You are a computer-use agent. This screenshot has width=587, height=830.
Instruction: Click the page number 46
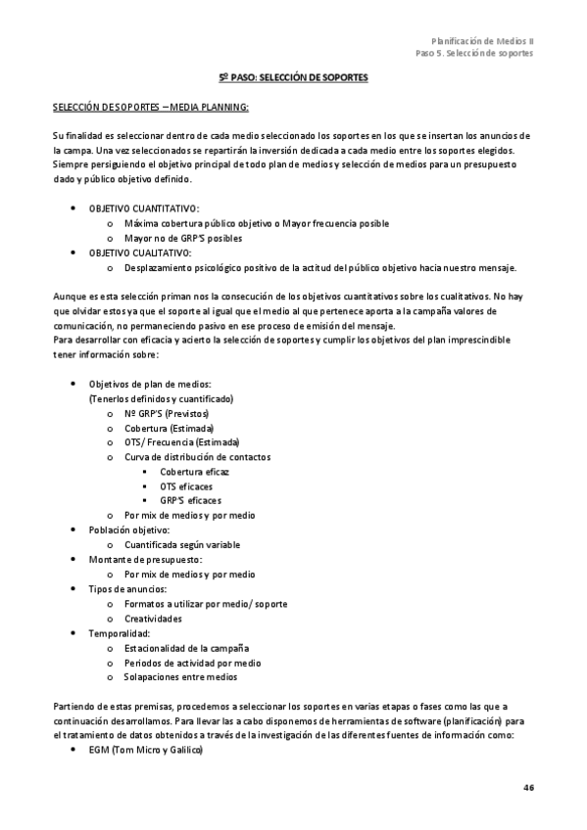point(528,787)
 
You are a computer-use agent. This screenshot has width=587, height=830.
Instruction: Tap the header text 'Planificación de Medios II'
point(483,41)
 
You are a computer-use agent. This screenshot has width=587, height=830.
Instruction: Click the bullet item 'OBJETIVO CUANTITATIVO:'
point(144,208)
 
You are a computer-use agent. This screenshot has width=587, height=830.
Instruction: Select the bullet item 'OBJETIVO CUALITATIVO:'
point(140,253)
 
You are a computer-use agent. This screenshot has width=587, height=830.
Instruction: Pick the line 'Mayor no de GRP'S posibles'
point(183,238)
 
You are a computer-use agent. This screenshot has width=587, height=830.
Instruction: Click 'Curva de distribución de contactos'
point(198,457)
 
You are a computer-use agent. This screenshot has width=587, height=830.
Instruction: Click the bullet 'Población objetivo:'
point(129,530)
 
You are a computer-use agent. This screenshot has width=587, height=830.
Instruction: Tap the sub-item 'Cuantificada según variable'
point(182,544)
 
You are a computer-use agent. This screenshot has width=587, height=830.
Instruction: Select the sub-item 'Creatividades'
point(153,619)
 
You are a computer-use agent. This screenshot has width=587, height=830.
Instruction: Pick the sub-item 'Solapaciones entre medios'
point(180,676)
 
